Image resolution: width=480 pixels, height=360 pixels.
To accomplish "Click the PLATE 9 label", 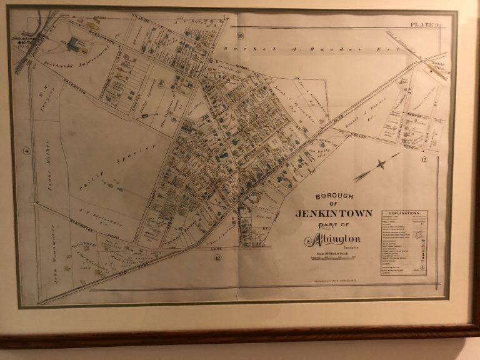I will click(425, 24).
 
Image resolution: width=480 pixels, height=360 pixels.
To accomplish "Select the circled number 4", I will click(26, 151).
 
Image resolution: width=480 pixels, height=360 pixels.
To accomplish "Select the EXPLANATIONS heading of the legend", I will click(404, 214).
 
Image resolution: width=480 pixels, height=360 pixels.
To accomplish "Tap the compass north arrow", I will click(378, 165).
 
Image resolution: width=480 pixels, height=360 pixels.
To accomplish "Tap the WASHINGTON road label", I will click(91, 222).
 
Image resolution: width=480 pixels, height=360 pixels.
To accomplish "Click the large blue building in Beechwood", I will click(76, 43).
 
